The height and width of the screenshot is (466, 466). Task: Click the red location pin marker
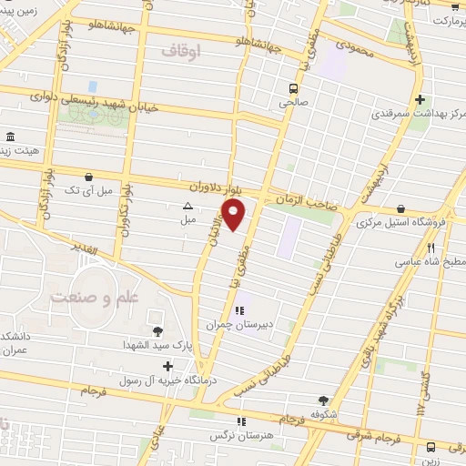(235, 215)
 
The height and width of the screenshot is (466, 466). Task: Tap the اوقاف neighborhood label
(178, 50)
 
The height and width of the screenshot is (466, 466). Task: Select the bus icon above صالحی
(293, 88)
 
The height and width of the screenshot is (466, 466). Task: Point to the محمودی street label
(356, 47)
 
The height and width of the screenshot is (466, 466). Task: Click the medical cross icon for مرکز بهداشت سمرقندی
(419, 100)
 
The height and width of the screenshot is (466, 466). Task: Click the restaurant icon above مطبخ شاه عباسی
(431, 248)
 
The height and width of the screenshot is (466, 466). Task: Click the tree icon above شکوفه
(322, 399)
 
